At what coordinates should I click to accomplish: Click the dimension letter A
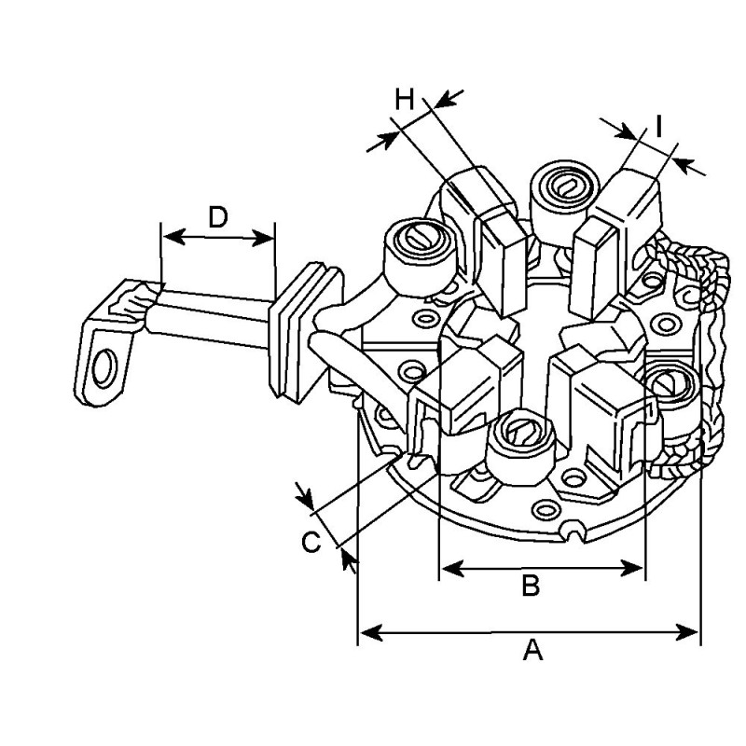532,650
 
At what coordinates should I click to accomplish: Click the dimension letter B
530,586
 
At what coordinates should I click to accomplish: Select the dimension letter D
217,217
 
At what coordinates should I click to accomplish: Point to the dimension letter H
403,99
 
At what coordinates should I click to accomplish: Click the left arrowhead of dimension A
366,633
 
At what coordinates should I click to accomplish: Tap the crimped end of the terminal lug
126,301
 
